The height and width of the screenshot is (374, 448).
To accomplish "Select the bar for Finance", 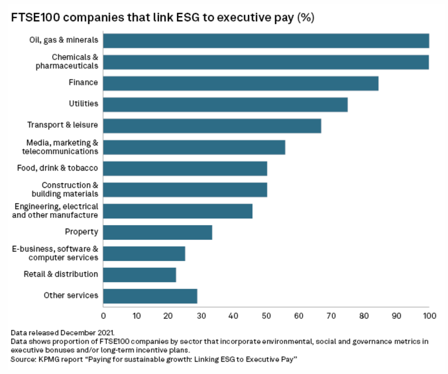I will (241, 83).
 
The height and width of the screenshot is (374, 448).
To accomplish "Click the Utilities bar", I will (225, 104).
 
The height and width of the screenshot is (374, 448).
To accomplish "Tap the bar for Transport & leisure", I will (212, 126).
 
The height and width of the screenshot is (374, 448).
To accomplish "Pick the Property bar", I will (158, 232).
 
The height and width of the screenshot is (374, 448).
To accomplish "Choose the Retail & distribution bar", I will (140, 275).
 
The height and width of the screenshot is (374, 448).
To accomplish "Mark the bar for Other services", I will (150, 296).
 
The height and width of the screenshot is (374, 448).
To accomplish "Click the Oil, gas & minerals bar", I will (266, 41).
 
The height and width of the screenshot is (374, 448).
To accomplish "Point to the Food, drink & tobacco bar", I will (185, 168).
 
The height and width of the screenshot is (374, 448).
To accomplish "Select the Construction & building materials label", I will (65, 189).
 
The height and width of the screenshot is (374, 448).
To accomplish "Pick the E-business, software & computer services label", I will (55, 253).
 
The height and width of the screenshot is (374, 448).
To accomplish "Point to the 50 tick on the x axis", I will (266, 316).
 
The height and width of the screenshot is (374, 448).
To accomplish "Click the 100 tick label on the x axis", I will (429, 316).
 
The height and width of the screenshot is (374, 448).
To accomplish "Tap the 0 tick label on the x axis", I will (103, 316).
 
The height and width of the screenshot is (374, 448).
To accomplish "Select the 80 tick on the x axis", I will (364, 316).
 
